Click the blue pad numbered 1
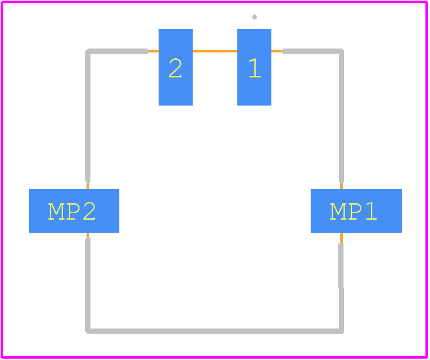pyautogui.click(x=254, y=67)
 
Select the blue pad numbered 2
pyautogui.click(x=176, y=67)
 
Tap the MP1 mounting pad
pyautogui.click(x=356, y=210)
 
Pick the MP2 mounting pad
pyautogui.click(x=74, y=210)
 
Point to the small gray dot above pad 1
pyautogui.click(x=254, y=17)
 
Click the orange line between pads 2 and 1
pyautogui.click(x=215, y=51)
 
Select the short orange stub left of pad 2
pyautogui.click(x=153, y=51)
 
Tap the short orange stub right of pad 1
pyautogui.click(x=277, y=51)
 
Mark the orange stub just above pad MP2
pyautogui.click(x=88, y=186)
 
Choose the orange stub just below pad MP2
pyautogui.click(x=88, y=235)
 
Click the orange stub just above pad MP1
pyautogui.click(x=342, y=186)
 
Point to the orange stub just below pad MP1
pyautogui.click(x=342, y=238)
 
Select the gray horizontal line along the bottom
pyautogui.click(x=215, y=331)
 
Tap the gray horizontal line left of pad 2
pyautogui.click(x=119, y=51)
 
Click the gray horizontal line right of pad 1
pyautogui.click(x=312, y=51)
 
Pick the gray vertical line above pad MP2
pyautogui.click(x=88, y=116)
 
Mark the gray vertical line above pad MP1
pyautogui.click(x=342, y=116)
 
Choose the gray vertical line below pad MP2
pyautogui.click(x=88, y=285)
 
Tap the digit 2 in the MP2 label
pyautogui.click(x=89, y=210)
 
